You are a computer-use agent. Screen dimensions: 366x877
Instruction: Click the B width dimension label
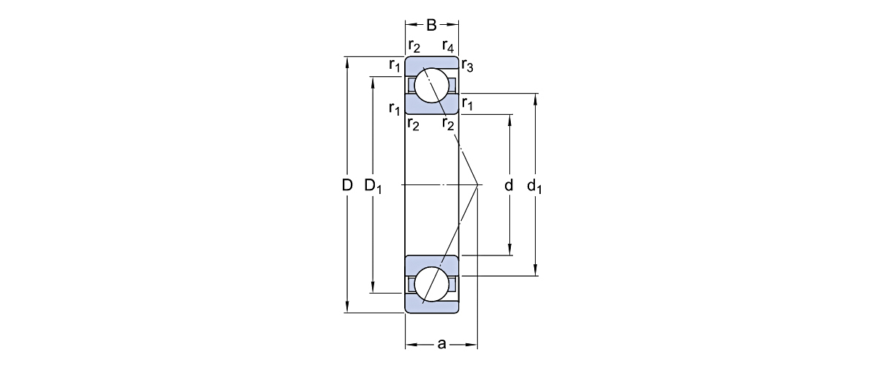pyautogui.click(x=431, y=26)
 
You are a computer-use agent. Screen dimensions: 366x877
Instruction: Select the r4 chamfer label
pyautogui.click(x=449, y=48)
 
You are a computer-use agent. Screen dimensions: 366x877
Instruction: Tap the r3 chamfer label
pyautogui.click(x=468, y=69)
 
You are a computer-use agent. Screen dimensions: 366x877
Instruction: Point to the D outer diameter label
pyautogui.click(x=347, y=185)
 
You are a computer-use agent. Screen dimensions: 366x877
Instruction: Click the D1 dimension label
pyautogui.click(x=373, y=186)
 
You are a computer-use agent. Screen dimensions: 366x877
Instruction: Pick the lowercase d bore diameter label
pyautogui.click(x=509, y=185)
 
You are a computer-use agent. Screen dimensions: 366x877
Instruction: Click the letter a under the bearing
pyautogui.click(x=441, y=343)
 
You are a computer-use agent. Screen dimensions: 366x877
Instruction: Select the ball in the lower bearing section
pyautogui.click(x=432, y=283)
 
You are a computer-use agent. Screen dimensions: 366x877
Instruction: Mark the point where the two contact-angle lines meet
pyautogui.click(x=477, y=184)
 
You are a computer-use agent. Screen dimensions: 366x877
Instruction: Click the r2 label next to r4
pyautogui.click(x=414, y=48)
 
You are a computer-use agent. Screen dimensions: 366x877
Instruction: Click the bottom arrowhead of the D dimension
pyautogui.click(x=347, y=309)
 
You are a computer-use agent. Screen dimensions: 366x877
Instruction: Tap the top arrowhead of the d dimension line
pyautogui.click(x=509, y=118)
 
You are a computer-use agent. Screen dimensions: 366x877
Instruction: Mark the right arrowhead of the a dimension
pyautogui.click(x=474, y=343)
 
